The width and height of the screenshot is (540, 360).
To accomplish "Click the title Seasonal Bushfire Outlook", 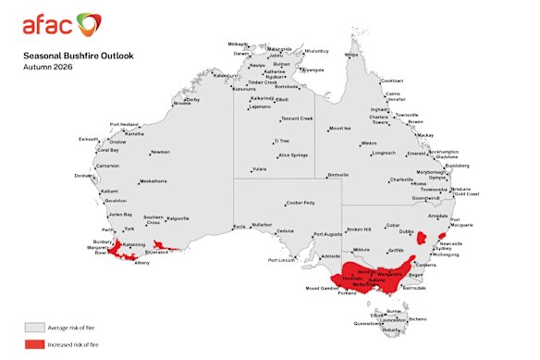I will tap(79, 56).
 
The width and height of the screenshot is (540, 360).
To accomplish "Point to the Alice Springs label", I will tap(293, 155).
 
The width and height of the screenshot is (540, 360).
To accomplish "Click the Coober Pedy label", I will tap(301, 202).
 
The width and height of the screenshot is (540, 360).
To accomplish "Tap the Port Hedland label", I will tap(124, 124).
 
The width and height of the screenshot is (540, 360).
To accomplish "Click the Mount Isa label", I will tap(340, 128).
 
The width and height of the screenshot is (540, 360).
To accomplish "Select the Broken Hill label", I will tap(358, 229).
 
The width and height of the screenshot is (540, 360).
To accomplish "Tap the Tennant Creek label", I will tap(297, 118).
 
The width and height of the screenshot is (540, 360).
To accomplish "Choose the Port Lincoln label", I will tap(284, 260).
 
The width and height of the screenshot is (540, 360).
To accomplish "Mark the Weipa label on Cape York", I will tap(351, 55).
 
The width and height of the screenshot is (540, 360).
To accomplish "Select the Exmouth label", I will tap(89, 139).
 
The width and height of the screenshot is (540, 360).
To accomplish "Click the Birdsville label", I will tap(338, 174).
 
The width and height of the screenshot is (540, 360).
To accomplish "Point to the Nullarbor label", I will tap(263, 225).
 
